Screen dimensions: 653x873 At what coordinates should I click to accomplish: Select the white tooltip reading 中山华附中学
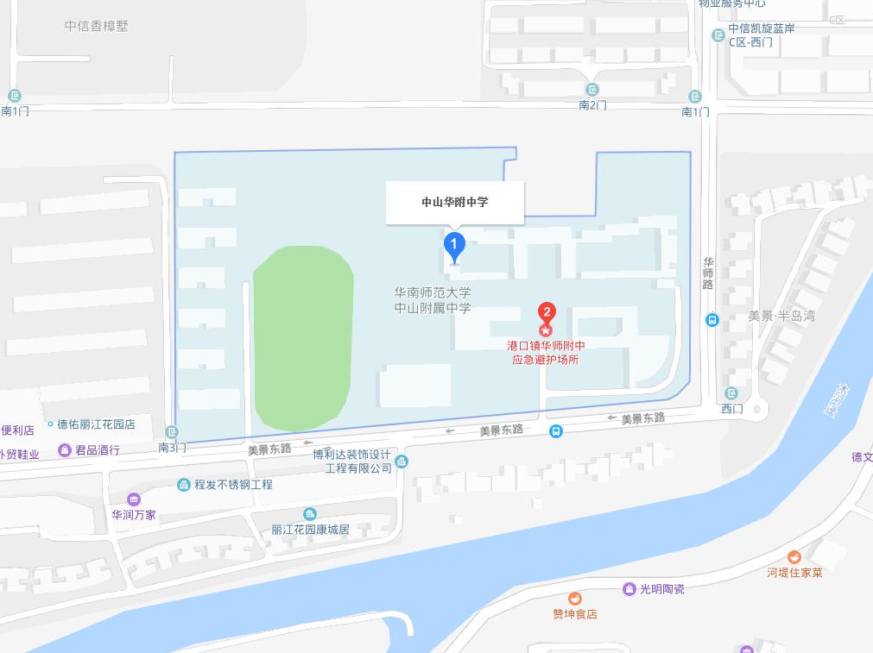[454, 202]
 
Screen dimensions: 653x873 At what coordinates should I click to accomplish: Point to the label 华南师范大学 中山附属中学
[433, 300]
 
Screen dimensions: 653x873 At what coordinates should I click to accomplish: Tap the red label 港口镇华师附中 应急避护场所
[545, 352]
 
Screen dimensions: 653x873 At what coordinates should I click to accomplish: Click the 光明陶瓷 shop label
[661, 589]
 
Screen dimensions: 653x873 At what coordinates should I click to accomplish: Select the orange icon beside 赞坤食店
[574, 599]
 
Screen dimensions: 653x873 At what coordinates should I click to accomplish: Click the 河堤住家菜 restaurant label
[794, 572]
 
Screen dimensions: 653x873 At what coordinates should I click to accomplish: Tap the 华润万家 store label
[133, 514]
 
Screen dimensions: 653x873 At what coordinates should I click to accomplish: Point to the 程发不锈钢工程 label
[232, 485]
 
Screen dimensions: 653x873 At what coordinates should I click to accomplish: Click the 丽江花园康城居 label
[309, 529]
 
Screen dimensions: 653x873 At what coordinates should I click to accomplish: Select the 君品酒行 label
[97, 450]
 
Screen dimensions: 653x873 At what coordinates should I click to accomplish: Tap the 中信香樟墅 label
[96, 26]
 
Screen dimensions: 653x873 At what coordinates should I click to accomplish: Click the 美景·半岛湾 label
[781, 317]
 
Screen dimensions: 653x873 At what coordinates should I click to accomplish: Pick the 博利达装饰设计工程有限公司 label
[351, 461]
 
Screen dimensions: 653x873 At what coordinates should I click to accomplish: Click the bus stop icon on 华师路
[712, 320]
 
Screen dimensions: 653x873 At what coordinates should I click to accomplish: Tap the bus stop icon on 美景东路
[556, 431]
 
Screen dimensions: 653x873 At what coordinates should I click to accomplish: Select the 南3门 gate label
[172, 447]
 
